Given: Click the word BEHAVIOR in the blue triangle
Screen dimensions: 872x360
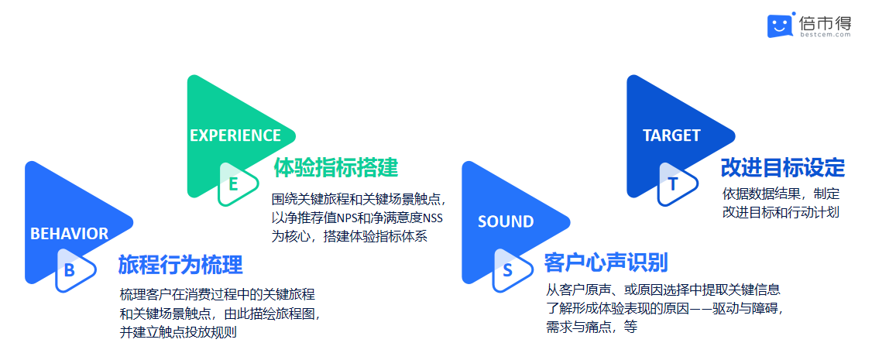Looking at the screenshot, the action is point(69,233).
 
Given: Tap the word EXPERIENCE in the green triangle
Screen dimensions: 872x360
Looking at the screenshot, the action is point(235,135).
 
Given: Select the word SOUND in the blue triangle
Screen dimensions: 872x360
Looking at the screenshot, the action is point(506,221).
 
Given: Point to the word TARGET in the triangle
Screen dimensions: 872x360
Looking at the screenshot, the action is point(671,135).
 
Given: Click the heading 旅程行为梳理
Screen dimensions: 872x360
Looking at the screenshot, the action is point(180,265).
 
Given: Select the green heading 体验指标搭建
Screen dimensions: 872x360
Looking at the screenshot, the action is point(335,167).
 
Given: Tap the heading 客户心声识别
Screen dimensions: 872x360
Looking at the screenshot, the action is point(606,262).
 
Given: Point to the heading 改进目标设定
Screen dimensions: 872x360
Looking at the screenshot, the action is point(782,167).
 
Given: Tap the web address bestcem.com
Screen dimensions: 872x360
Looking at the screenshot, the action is point(826,34).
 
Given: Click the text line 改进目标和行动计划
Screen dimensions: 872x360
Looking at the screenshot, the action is point(781,212).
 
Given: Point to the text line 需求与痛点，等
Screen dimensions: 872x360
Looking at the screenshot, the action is point(592,327).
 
